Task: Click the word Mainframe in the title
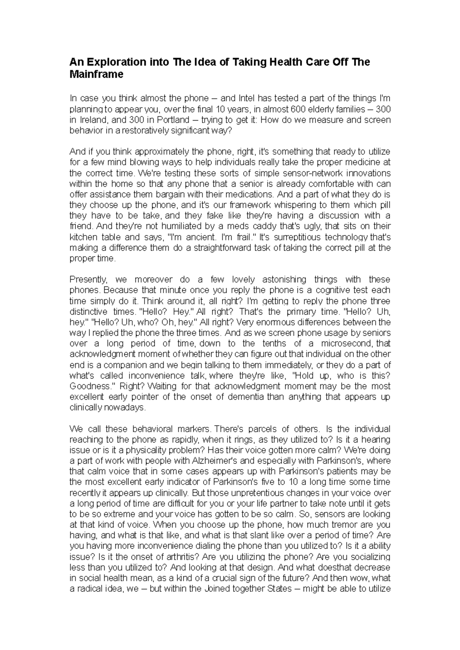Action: [x=96, y=74]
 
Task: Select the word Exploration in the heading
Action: [x=113, y=62]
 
